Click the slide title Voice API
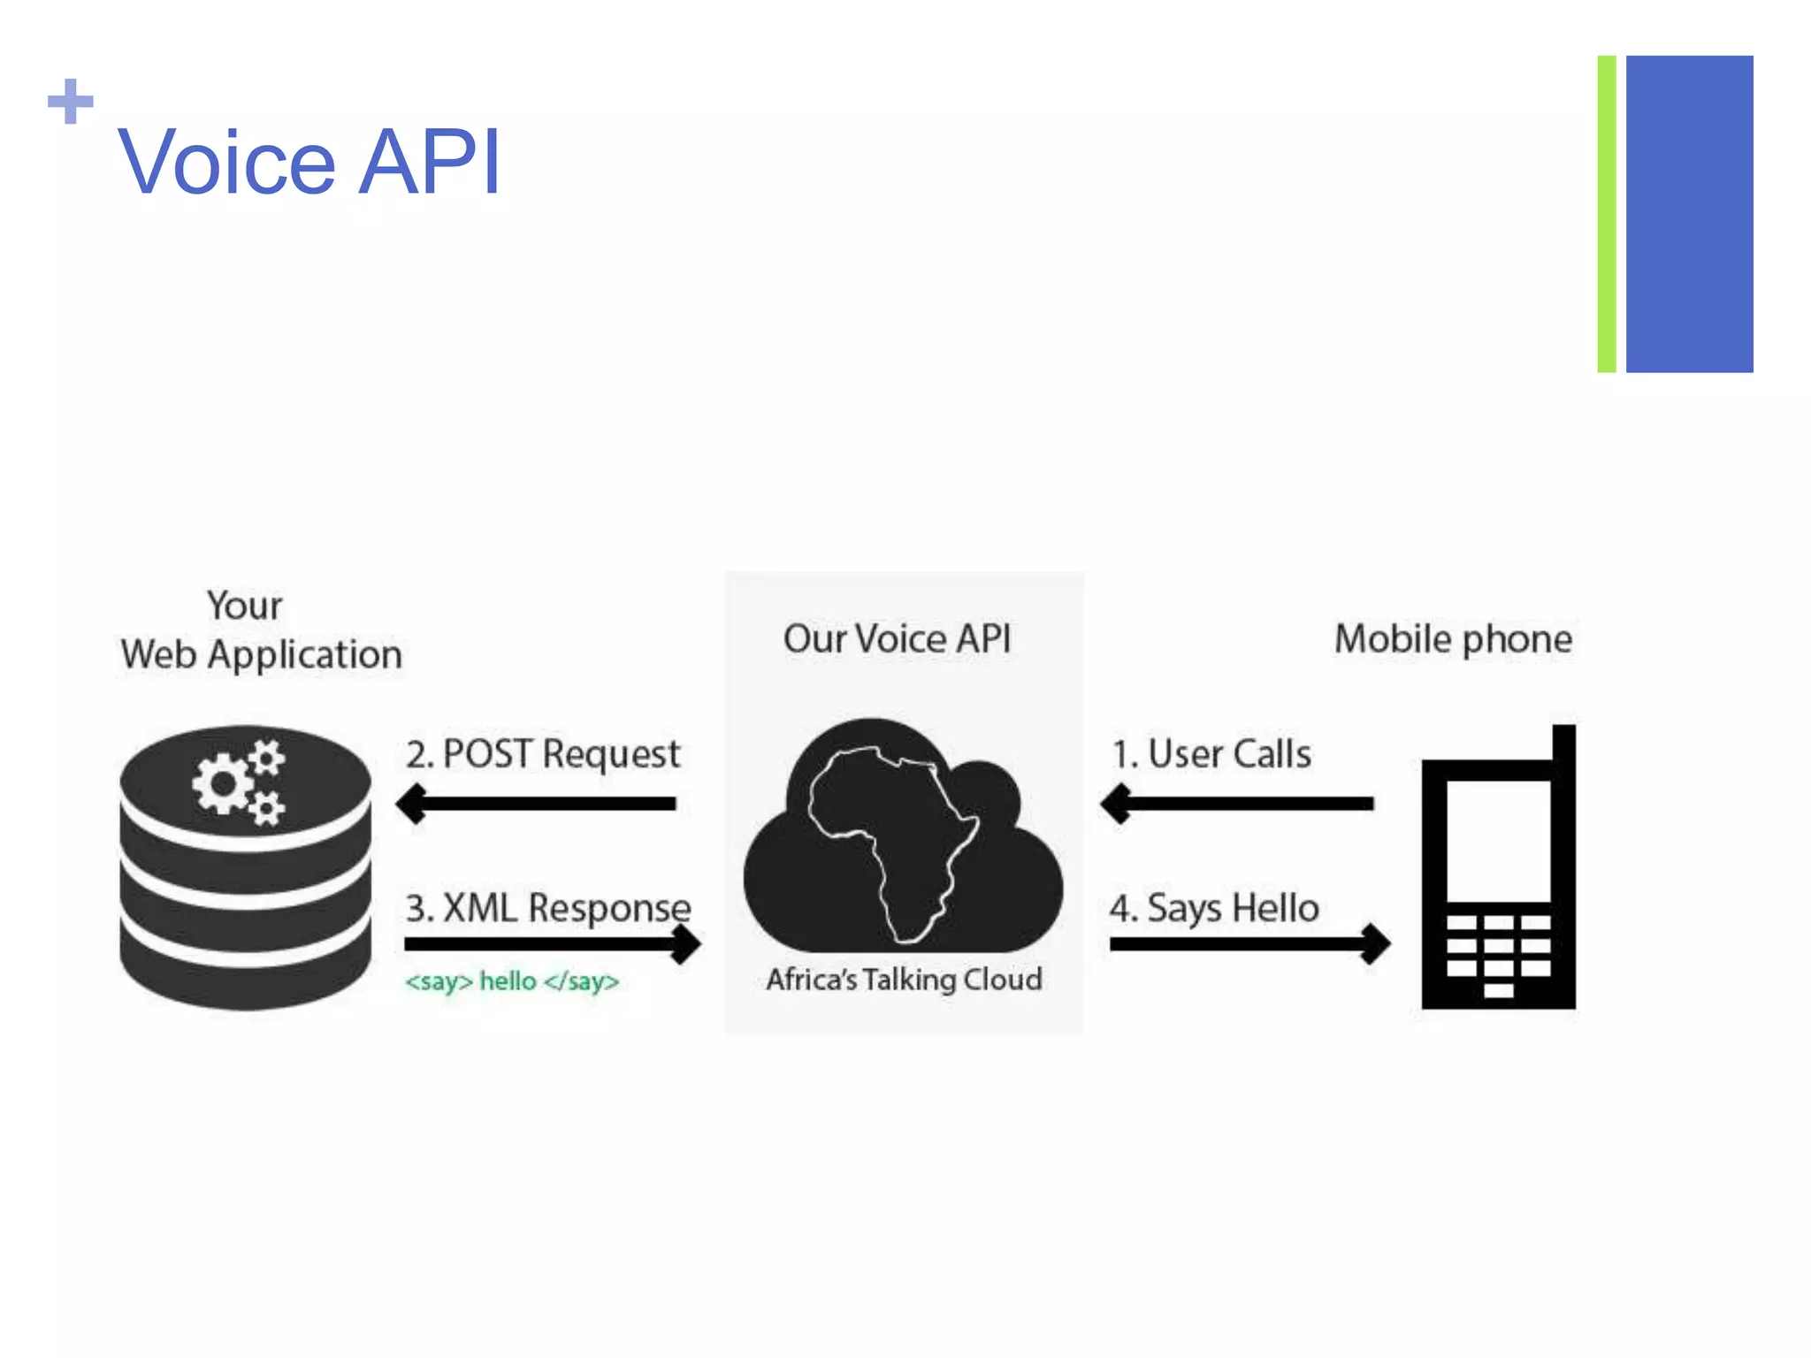[x=309, y=162]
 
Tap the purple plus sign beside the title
[x=71, y=102]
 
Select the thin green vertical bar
[x=1607, y=214]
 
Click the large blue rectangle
[x=1689, y=214]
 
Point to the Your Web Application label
[x=261, y=630]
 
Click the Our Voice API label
[x=897, y=638]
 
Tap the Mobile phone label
[x=1453, y=638]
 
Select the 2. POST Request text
[x=543, y=754]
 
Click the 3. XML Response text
[x=547, y=907]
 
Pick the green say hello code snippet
[x=512, y=981]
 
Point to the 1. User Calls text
[x=1211, y=754]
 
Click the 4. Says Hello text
[x=1214, y=908]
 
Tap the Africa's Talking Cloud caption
[x=904, y=980]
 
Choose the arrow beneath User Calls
[x=1237, y=804]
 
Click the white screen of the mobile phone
[x=1498, y=840]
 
